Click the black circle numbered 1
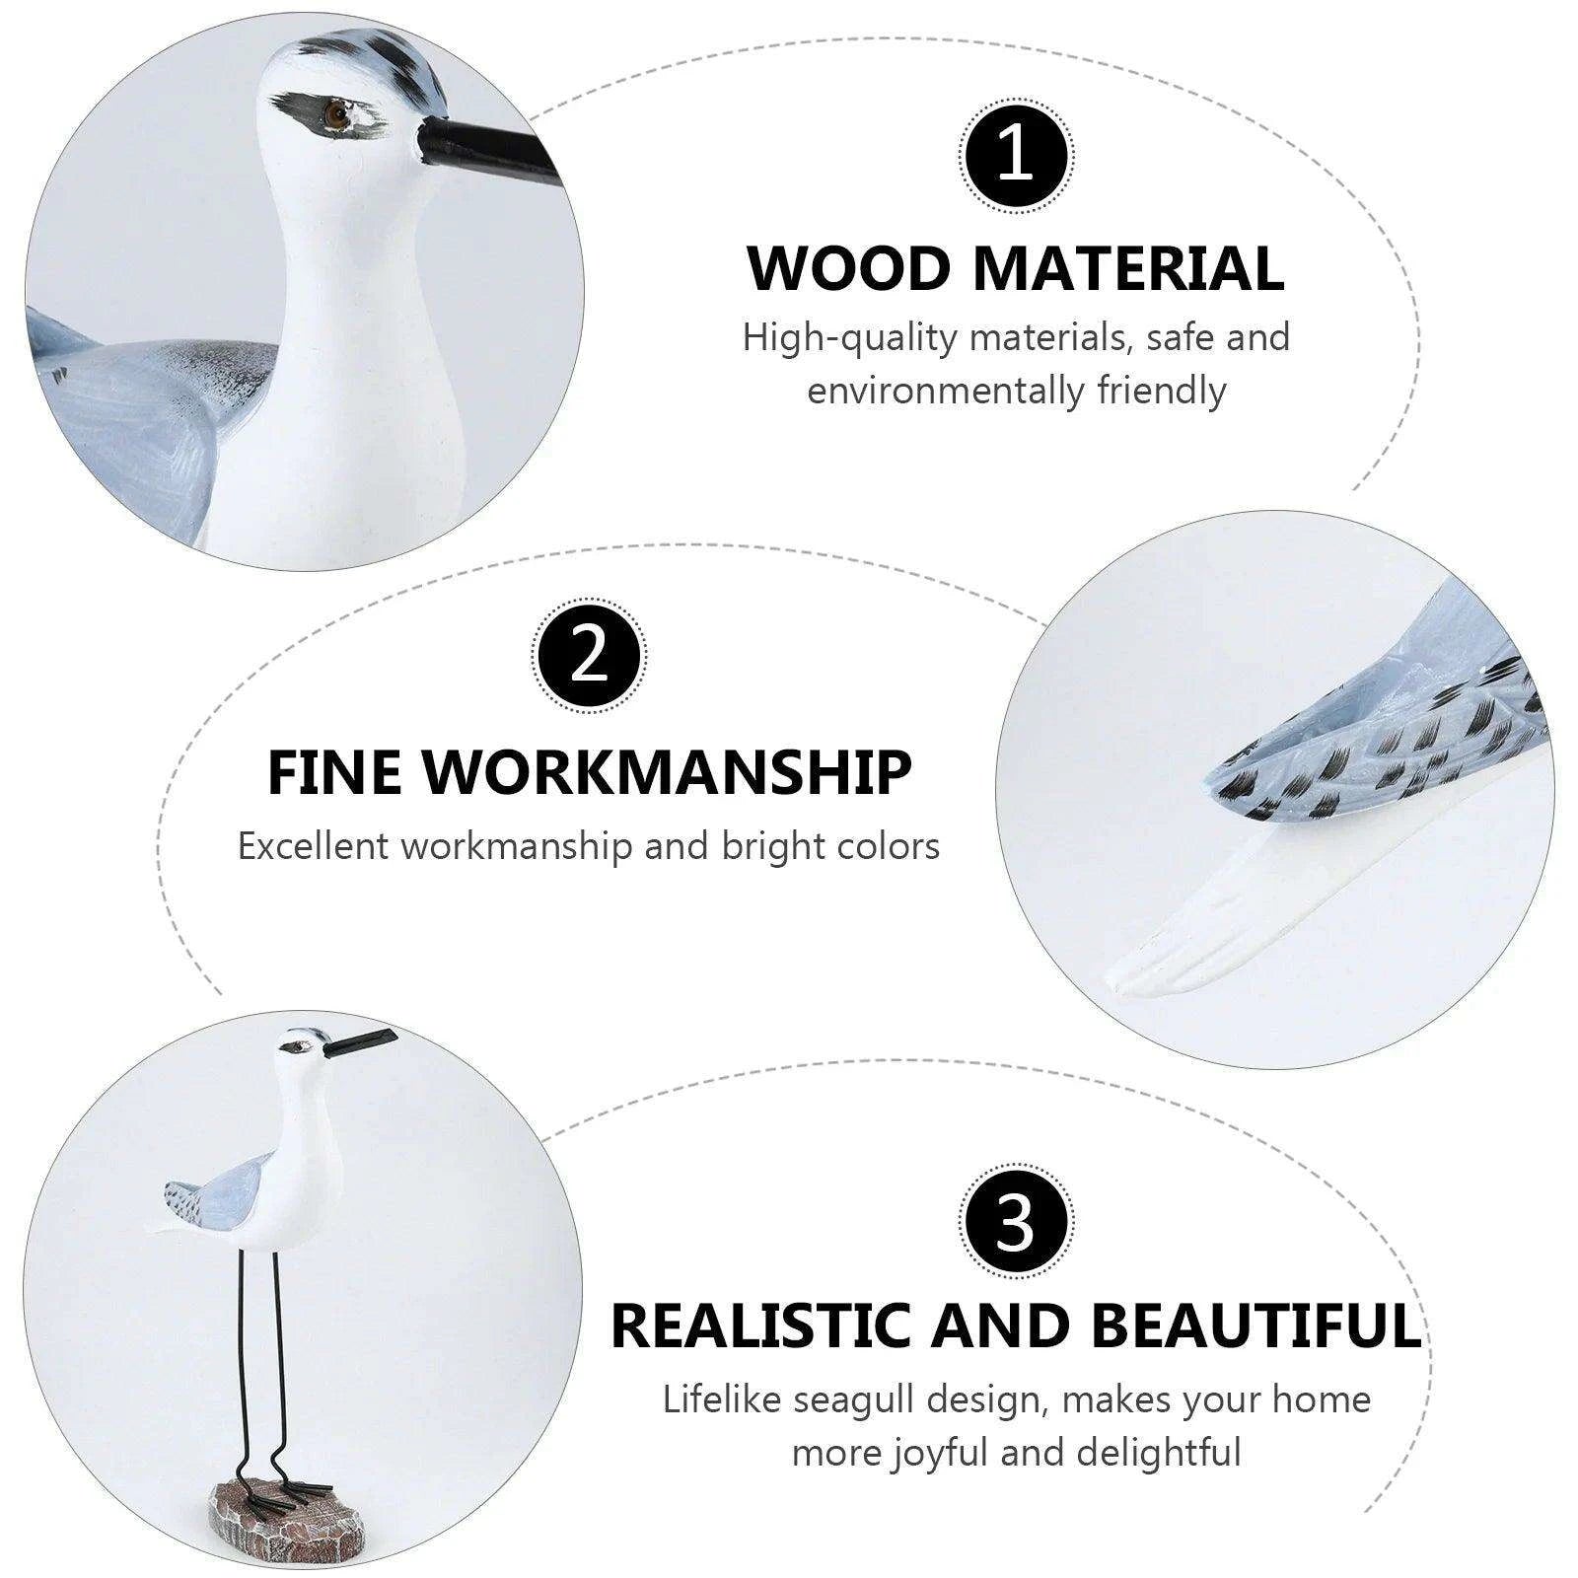click(1016, 156)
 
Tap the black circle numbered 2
click(589, 655)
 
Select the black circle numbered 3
click(1016, 1223)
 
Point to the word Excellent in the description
click(315, 846)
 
